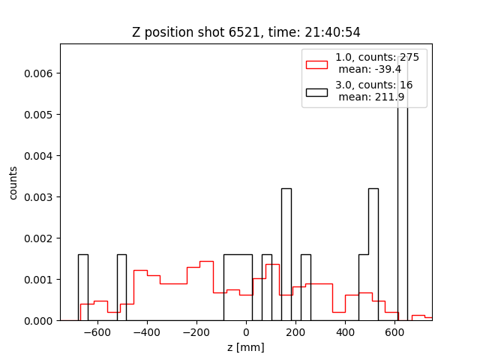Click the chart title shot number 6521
[x=244, y=32]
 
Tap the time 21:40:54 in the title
[x=332, y=32]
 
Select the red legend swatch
[x=316, y=64]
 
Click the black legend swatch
[x=316, y=92]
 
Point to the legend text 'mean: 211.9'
[x=371, y=97]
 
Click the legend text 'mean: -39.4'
[x=370, y=70]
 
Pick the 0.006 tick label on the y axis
[x=38, y=73]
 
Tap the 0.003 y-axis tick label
[x=38, y=197]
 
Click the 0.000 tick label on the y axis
[x=38, y=321]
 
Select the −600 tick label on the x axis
[x=97, y=332]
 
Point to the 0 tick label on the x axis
[x=246, y=332]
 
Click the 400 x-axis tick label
[x=345, y=332]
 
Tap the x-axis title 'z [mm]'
[x=246, y=347]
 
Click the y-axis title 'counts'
[x=13, y=183]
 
